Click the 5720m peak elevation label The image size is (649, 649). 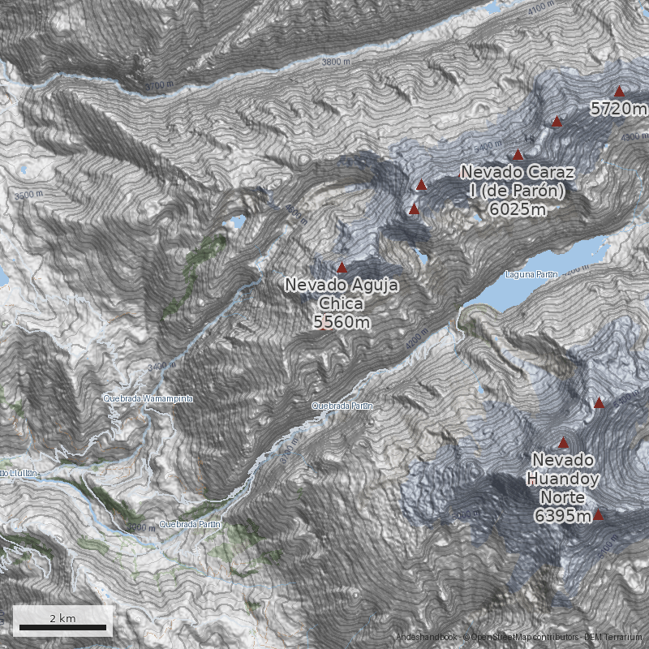[x=618, y=109]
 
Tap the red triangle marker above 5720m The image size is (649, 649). [x=619, y=92]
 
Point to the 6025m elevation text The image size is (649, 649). [x=518, y=209]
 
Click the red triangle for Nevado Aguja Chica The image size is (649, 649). [x=342, y=267]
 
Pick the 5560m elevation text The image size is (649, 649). [x=342, y=323]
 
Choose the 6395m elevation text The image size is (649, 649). [x=561, y=516]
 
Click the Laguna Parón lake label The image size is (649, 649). [x=531, y=274]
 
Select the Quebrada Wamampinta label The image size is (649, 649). [x=148, y=399]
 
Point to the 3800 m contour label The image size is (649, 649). [x=336, y=62]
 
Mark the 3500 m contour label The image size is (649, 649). [x=28, y=195]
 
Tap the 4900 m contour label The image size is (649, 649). [x=634, y=138]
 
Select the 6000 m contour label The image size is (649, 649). [x=466, y=515]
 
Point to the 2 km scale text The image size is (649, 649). [x=62, y=618]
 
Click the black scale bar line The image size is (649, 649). [x=62, y=627]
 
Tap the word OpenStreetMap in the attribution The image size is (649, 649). [x=504, y=638]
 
